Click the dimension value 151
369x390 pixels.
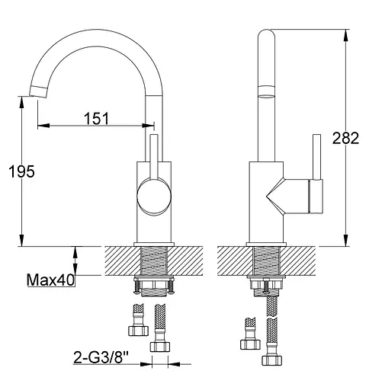click(x=96, y=118)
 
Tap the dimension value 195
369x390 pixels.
click(x=21, y=171)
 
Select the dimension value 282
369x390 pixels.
click(x=345, y=138)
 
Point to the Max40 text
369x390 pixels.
click(x=50, y=280)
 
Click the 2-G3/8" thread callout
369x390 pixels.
click(x=101, y=357)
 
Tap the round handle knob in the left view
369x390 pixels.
click(x=154, y=196)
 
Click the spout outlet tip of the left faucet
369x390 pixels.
click(x=38, y=91)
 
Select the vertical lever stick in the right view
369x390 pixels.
click(x=316, y=157)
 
